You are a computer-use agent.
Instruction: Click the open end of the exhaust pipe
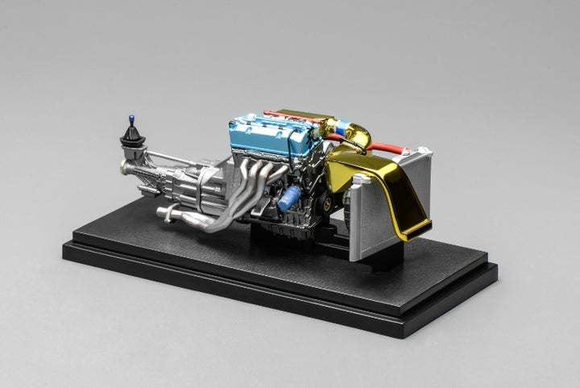click(160, 214)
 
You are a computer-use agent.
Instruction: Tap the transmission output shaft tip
click(123, 168)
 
